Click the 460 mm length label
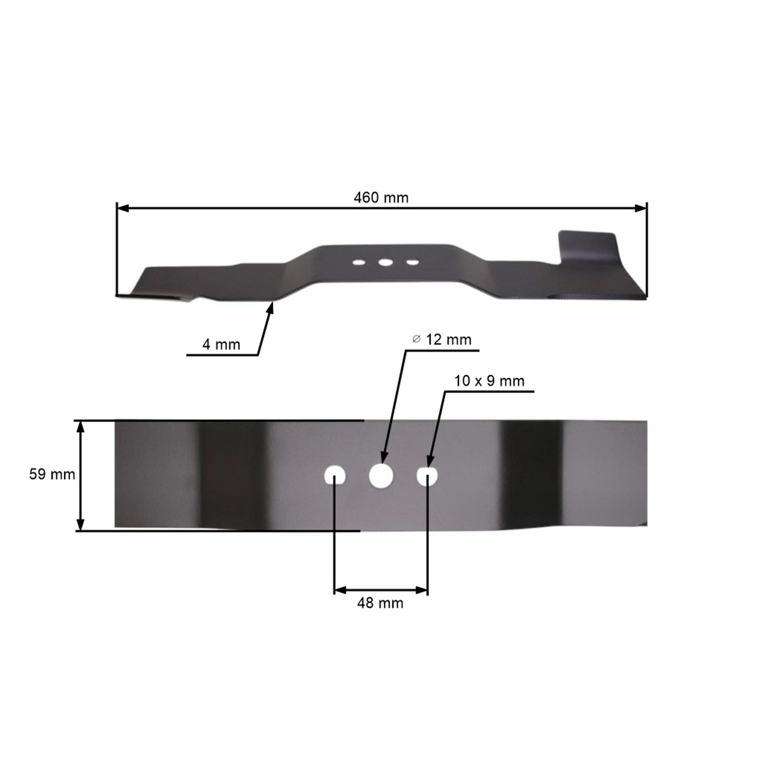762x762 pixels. click(381, 198)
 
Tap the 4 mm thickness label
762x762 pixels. click(221, 345)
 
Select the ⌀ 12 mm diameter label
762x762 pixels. click(442, 340)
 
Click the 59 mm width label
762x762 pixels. click(52, 474)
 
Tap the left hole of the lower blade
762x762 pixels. click(335, 476)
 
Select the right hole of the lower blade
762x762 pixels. click(427, 476)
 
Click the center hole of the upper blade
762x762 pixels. click(385, 262)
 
